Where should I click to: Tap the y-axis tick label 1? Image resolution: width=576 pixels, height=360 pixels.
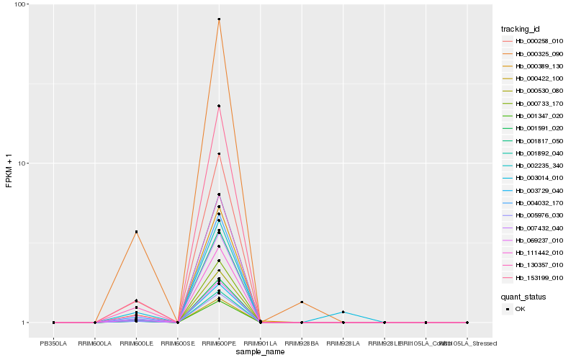pos(25,323)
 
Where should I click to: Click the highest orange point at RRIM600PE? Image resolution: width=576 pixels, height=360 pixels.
pos(219,19)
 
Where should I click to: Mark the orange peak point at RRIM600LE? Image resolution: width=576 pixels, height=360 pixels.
pos(136,232)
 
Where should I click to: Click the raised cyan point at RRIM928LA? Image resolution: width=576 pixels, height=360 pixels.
pos(343,312)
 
